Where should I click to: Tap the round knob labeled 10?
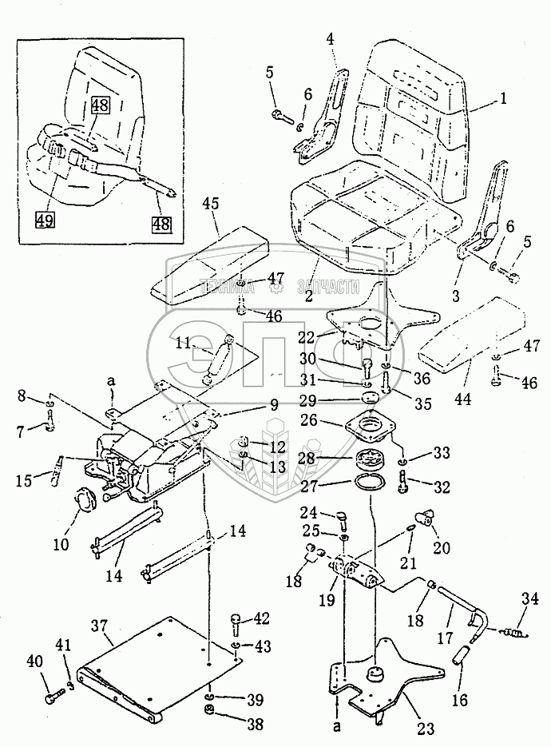click(88, 499)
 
